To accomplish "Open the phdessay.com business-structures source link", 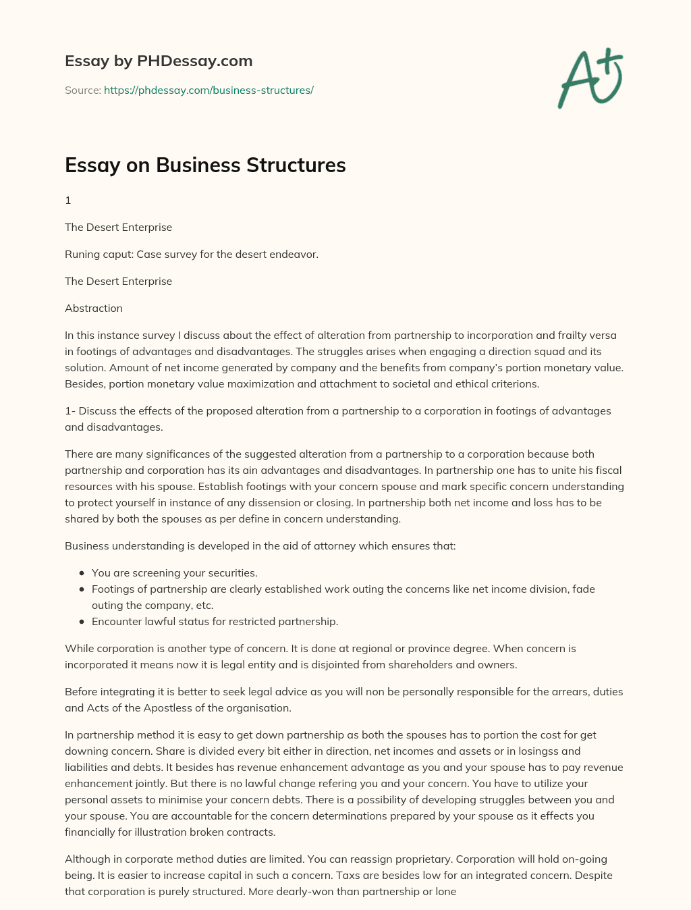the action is (209, 90).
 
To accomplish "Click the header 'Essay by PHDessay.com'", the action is (159, 61).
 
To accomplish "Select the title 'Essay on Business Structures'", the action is (205, 165).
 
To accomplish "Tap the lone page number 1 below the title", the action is (68, 200).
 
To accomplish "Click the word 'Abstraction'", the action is (94, 308).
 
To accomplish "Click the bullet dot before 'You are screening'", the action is (82, 572).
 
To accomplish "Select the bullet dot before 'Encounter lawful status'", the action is (82, 621).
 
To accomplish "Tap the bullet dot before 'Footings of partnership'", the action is (82, 589).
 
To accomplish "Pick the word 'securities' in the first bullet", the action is (231, 572).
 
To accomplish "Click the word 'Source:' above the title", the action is (82, 90).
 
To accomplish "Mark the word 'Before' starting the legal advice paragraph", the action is (81, 691).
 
